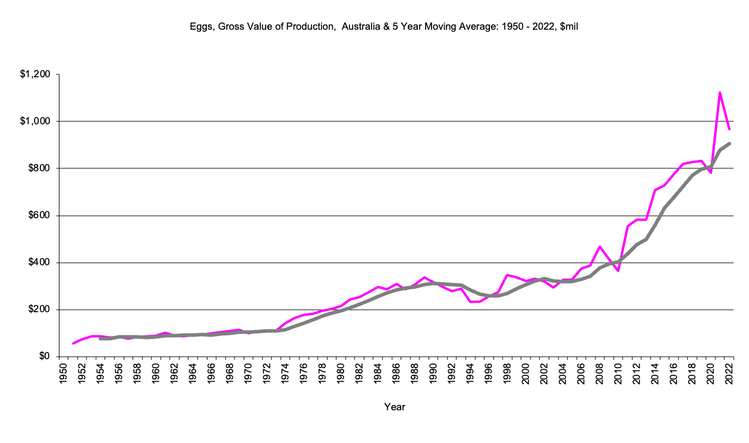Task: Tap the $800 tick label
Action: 40,169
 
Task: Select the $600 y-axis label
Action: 40,216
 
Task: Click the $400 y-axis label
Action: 40,263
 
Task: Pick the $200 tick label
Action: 40,310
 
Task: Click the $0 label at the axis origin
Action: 45,357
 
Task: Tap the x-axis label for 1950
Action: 64,373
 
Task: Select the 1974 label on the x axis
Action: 287,373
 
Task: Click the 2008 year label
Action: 600,373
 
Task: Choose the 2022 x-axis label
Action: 729,373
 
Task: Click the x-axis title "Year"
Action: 395,407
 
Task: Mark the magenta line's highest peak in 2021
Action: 720,93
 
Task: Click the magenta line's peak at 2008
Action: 600,246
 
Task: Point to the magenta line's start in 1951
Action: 73,344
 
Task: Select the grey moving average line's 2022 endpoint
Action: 729,143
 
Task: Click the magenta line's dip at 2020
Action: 710,172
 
